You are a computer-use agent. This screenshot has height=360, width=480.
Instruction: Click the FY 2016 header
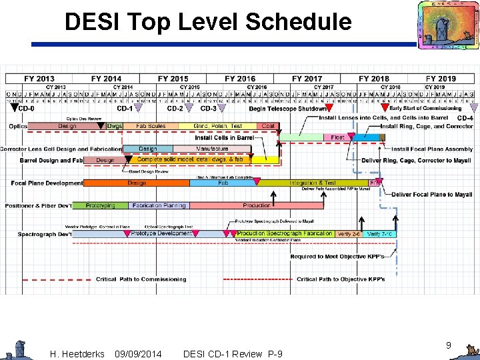[240, 79]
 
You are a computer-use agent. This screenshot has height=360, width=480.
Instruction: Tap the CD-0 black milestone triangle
[14, 107]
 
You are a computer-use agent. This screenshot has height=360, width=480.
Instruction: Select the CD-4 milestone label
[465, 118]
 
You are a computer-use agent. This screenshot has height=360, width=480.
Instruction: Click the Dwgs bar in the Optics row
[114, 126]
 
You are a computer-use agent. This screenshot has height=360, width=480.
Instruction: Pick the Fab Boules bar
[151, 126]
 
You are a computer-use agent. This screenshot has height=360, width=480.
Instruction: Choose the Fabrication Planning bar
[159, 205]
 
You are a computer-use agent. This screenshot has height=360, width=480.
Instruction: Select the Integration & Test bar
[312, 183]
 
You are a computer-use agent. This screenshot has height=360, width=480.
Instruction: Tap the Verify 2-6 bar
[349, 234]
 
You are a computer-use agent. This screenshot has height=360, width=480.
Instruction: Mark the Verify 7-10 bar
[379, 234]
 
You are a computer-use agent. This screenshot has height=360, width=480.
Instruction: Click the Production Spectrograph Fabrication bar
[285, 234]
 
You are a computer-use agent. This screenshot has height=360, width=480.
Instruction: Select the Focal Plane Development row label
[47, 183]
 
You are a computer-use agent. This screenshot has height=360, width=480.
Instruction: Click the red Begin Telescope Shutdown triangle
[331, 107]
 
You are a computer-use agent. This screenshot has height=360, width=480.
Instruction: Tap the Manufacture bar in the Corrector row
[212, 149]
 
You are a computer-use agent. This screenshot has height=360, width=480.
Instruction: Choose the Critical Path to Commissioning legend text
[141, 279]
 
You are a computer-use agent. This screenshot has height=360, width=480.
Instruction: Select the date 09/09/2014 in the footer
[137, 353]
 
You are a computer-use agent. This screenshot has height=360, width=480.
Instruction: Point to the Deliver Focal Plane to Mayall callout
[431, 195]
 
